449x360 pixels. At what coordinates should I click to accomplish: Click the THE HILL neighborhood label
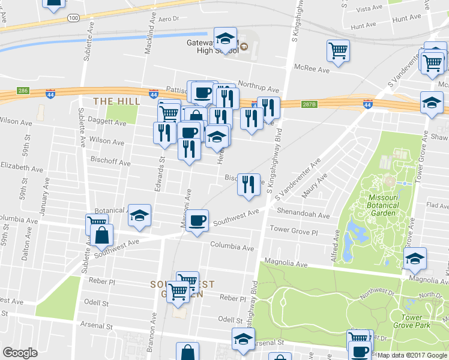116,101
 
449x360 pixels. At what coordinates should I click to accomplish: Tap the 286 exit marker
23,91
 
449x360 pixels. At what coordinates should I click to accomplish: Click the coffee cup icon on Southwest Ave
197,221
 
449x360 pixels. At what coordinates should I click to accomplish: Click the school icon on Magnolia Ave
415,259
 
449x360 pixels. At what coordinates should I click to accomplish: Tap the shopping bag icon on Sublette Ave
102,237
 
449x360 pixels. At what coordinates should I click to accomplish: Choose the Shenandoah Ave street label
304,215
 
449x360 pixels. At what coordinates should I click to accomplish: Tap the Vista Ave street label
369,9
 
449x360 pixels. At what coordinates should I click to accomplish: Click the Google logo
20,353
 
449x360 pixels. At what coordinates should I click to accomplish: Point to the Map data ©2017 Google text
412,355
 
